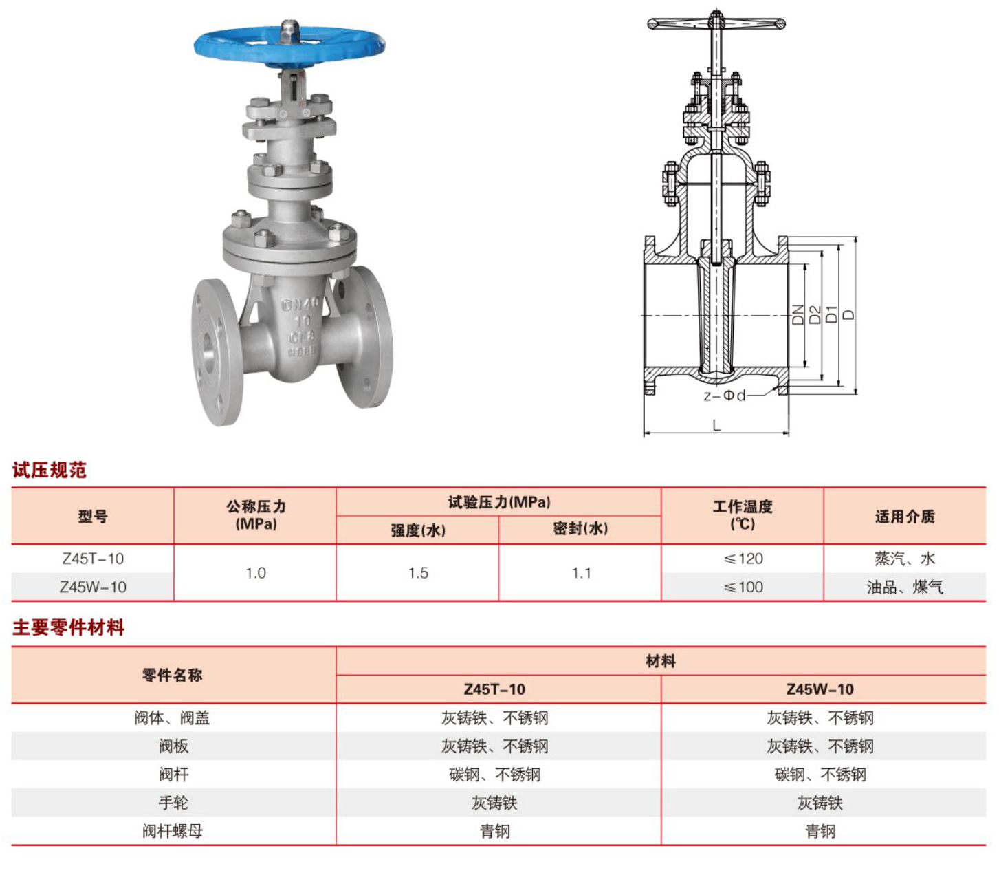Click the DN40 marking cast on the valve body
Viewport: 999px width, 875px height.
(300, 304)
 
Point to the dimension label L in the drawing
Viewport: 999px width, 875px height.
(716, 425)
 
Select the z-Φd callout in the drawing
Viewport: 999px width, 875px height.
(724, 396)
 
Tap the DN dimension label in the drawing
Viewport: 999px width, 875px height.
(798, 314)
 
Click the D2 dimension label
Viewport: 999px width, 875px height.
(815, 314)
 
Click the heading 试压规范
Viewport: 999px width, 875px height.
(50, 470)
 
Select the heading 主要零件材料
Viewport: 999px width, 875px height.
(68, 627)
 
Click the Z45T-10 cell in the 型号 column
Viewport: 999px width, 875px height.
(93, 559)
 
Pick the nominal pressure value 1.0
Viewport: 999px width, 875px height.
(255, 572)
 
